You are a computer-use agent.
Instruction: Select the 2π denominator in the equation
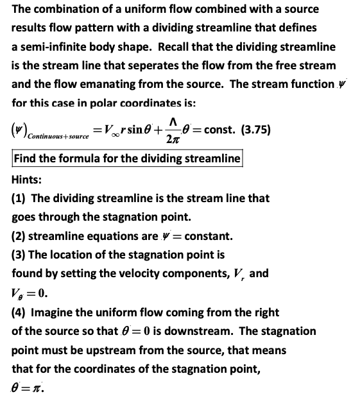pos(172,139)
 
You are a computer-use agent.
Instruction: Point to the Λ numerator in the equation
pos(171,121)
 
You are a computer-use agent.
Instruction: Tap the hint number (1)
pos(19,199)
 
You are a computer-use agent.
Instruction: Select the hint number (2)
pos(19,236)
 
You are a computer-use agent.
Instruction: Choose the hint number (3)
pos(19,255)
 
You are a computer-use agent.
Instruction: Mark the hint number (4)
pos(19,312)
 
